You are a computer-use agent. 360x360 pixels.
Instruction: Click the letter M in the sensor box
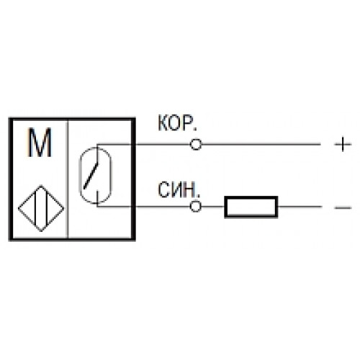40,143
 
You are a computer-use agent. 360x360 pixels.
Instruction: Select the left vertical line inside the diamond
36,208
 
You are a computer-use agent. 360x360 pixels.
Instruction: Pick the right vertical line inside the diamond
48,208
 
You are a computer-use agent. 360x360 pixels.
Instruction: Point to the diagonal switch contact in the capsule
91,176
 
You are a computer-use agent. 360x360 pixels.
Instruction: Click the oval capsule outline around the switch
79,176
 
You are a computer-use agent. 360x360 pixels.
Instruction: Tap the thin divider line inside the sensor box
68,179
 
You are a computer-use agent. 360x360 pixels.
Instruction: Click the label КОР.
177,123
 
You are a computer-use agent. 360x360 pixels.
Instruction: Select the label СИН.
179,189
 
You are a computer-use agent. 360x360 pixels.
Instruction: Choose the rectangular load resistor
251,197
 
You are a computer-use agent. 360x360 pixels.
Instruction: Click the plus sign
343,144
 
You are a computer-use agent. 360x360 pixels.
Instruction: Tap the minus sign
343,207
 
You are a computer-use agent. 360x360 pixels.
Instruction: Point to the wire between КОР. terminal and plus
261,144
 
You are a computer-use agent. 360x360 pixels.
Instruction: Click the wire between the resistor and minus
300,207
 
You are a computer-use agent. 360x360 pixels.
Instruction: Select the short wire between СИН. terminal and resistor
213,207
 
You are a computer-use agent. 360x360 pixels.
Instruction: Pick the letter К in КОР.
163,123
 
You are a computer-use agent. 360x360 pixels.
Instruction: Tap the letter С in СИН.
163,189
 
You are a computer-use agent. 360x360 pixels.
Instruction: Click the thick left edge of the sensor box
10,179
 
